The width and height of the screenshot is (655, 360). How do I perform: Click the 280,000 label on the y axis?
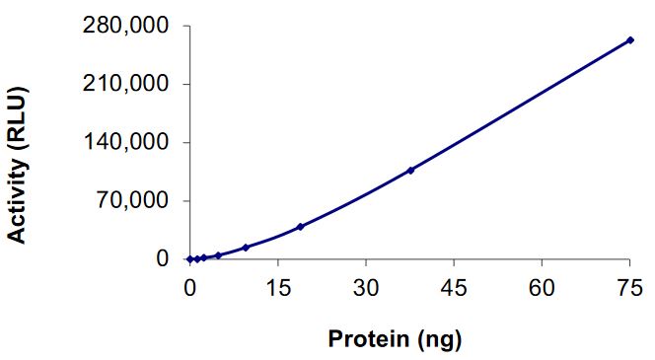tap(121, 25)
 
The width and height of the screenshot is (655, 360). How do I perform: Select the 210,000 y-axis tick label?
tap(121, 84)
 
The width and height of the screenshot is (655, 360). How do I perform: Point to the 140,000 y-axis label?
tap(121, 142)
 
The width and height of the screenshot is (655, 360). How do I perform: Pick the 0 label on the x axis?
tap(189, 287)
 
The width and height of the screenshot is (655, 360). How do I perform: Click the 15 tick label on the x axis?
tap(277, 287)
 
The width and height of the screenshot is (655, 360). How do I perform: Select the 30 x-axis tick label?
tap(365, 287)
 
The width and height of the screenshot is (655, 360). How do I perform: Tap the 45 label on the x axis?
tap(453, 287)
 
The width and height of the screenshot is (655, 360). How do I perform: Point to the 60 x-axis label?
tap(542, 287)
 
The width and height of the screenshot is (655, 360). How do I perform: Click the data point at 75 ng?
tap(629, 40)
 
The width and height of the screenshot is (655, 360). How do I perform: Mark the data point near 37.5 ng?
tap(410, 170)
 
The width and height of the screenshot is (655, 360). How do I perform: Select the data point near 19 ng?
tap(300, 227)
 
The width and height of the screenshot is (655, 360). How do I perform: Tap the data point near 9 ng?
tap(246, 248)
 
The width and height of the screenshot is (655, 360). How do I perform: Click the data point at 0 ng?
tap(189, 259)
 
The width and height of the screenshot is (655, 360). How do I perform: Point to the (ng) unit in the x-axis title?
tap(440, 340)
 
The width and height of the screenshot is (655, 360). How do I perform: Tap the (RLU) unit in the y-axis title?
tap(17, 119)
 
